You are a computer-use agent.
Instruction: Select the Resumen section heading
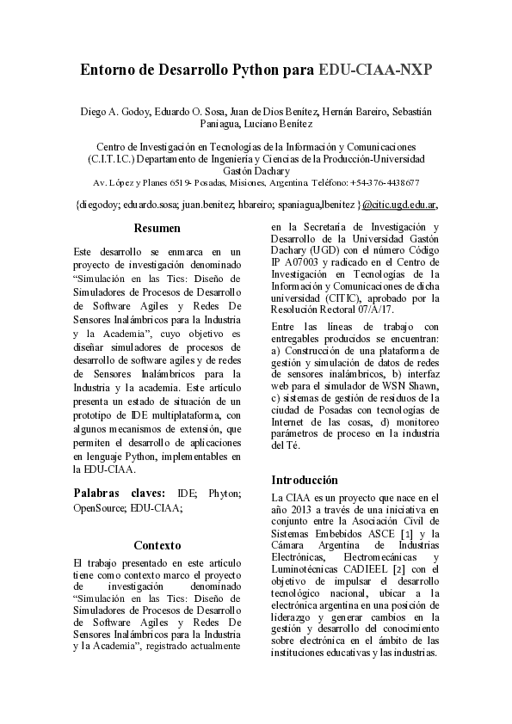(x=157, y=229)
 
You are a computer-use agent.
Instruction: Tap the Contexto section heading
(x=157, y=545)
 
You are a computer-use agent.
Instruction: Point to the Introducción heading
(x=305, y=480)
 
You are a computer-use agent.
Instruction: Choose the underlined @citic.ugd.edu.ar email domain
(x=399, y=206)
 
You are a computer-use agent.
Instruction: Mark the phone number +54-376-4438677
(x=385, y=183)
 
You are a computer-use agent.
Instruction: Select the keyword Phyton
(x=226, y=494)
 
